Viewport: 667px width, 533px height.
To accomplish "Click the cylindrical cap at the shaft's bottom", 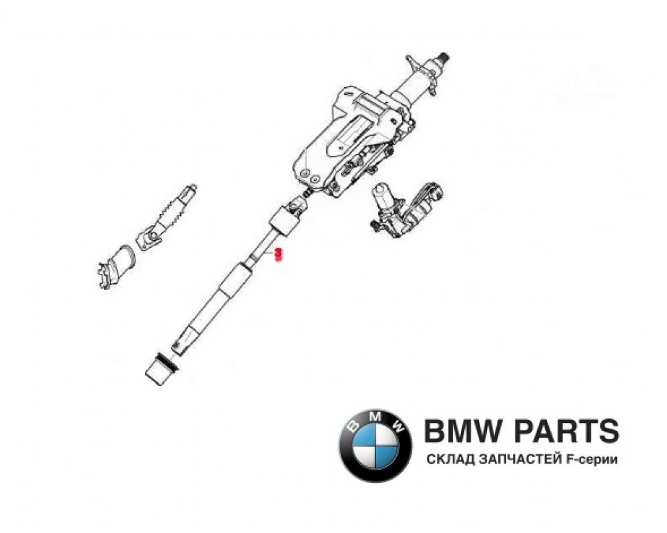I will [159, 370].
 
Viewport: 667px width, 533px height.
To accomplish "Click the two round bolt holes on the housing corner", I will [309, 175].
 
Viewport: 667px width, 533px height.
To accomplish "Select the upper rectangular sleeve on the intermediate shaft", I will [282, 221].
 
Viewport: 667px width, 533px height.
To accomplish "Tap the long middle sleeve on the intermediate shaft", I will [233, 280].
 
